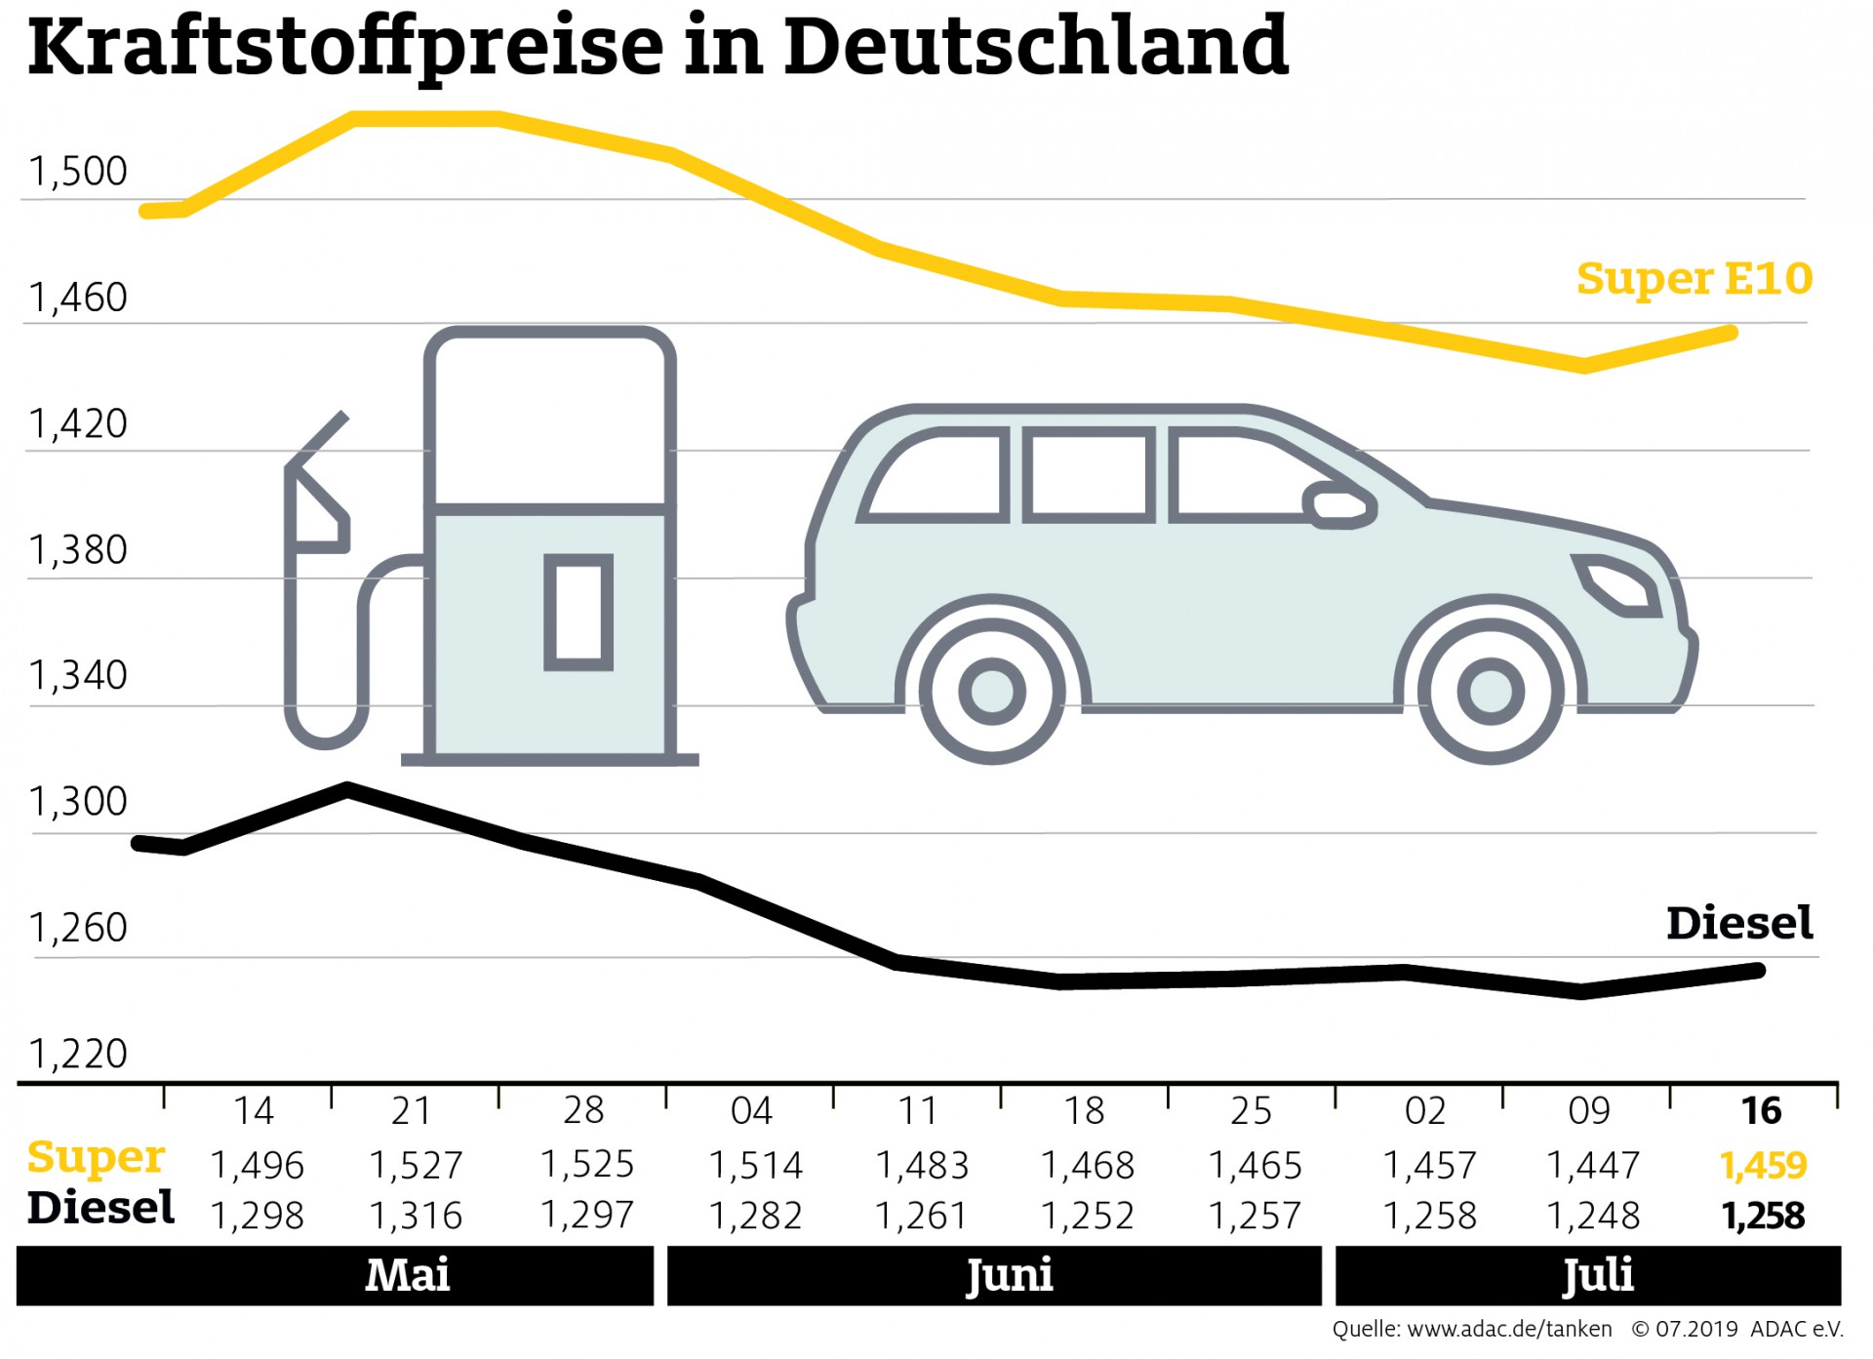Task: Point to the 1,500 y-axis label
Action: tap(78, 172)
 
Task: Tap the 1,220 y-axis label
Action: tap(78, 1055)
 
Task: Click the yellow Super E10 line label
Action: tap(1694, 279)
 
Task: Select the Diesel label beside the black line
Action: tap(1739, 923)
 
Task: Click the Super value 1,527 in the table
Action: tap(416, 1165)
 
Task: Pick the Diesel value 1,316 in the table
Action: tap(416, 1216)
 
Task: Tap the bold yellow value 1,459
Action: tap(1763, 1165)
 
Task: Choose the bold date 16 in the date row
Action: tap(1762, 1111)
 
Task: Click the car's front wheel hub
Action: tap(1491, 692)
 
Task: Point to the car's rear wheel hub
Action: tap(992, 692)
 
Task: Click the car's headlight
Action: tap(1619, 584)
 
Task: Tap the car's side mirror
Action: tap(1340, 505)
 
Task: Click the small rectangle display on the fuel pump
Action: tap(578, 613)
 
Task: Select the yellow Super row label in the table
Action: tap(96, 1158)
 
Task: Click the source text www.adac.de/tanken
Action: tap(1509, 1330)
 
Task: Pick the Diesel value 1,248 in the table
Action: tap(1593, 1216)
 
